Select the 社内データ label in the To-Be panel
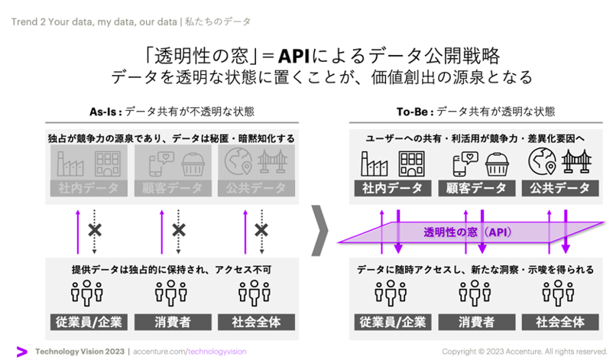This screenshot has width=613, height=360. [x=385, y=188]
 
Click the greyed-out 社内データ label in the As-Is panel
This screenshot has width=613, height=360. [x=87, y=188]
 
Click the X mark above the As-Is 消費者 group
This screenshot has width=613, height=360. [x=178, y=229]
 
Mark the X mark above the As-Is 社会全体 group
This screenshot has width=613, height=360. [x=261, y=229]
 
